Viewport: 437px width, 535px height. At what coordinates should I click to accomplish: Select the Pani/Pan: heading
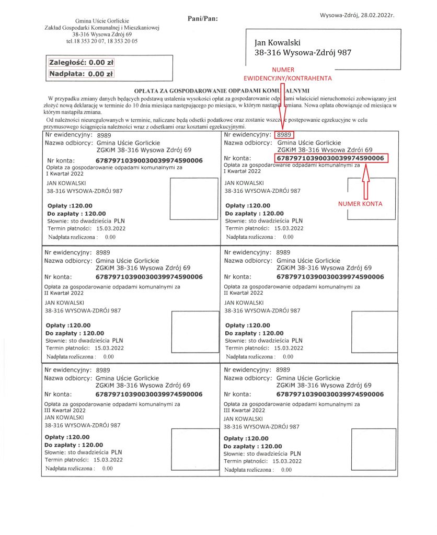[x=202, y=19]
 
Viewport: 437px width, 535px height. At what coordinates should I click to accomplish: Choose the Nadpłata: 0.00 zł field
[x=81, y=74]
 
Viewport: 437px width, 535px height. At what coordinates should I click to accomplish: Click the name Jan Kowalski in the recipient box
[x=277, y=42]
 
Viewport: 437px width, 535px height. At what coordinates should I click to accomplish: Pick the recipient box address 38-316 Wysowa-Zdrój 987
[x=302, y=52]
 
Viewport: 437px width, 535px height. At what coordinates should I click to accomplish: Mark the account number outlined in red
[x=330, y=158]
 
